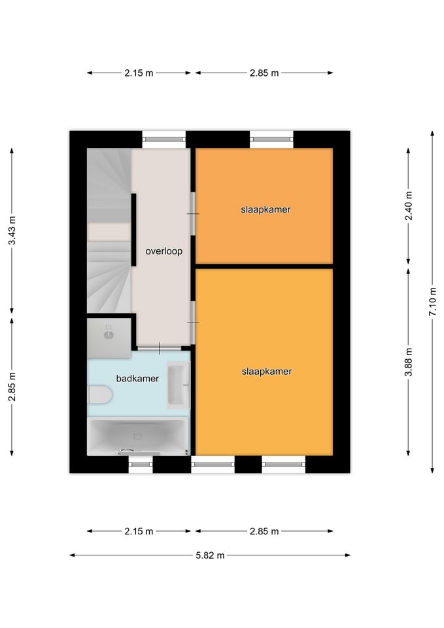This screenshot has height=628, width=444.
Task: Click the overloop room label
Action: click(x=163, y=251)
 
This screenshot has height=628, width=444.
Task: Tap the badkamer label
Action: click(x=137, y=379)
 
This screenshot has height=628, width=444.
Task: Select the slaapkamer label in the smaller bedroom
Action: click(x=265, y=209)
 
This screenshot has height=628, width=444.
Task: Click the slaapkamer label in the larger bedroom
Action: click(x=267, y=372)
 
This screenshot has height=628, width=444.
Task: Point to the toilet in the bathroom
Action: click(x=99, y=395)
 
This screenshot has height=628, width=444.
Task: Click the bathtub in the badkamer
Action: click(x=138, y=436)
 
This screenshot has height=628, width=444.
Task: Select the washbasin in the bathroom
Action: click(x=178, y=385)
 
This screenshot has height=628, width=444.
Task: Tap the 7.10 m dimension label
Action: click(x=432, y=302)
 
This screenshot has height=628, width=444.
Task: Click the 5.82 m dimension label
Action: click(x=210, y=555)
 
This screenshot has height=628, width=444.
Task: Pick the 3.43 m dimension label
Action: click(x=12, y=230)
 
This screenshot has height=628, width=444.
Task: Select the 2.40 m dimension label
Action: click(x=409, y=206)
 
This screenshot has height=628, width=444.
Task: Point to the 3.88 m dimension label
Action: click(x=409, y=362)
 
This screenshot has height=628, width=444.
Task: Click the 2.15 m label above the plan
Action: click(x=139, y=73)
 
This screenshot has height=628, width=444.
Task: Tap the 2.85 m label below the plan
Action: click(x=264, y=531)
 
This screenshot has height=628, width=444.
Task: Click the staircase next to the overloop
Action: click(x=109, y=231)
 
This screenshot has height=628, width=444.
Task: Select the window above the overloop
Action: click(x=164, y=140)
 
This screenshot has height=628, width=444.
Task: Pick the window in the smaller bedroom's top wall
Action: click(x=272, y=140)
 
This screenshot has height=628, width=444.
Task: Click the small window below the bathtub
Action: click(x=141, y=464)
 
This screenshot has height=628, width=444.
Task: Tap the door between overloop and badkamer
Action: click(x=159, y=348)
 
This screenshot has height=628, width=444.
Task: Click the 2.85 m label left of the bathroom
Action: click(x=12, y=387)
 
